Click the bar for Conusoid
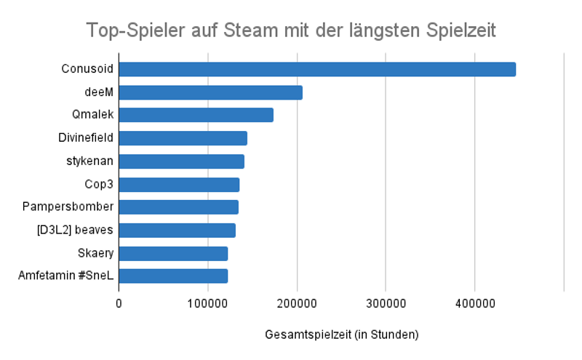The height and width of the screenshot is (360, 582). point(317,69)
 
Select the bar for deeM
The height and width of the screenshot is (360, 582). point(210,92)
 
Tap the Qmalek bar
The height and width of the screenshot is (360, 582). point(196,115)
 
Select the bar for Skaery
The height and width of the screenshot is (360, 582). point(173,253)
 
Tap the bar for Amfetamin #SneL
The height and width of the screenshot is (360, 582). point(173,276)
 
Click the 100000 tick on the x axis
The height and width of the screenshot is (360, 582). point(207,302)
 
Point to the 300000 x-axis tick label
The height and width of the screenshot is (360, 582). point(386,302)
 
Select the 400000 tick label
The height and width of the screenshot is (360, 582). point(474,302)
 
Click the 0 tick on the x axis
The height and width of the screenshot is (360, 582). point(119,302)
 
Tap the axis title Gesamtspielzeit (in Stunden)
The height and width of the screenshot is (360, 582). point(341,335)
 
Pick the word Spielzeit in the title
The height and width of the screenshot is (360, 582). point(461,31)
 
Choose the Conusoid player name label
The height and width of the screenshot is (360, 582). point(87,69)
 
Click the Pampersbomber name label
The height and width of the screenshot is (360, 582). point(68,207)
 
